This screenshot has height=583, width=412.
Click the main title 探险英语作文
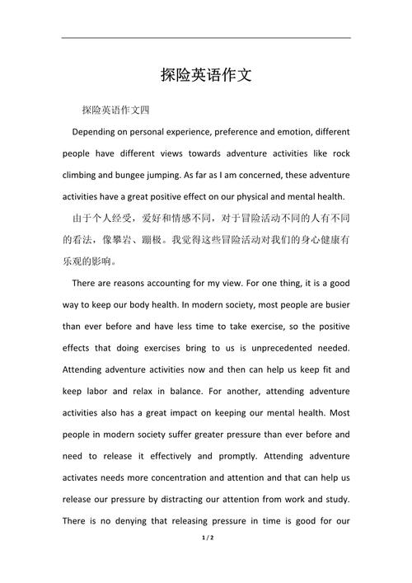[205, 76]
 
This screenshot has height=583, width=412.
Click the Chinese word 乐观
[74, 261]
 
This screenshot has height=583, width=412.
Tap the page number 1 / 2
[206, 560]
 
